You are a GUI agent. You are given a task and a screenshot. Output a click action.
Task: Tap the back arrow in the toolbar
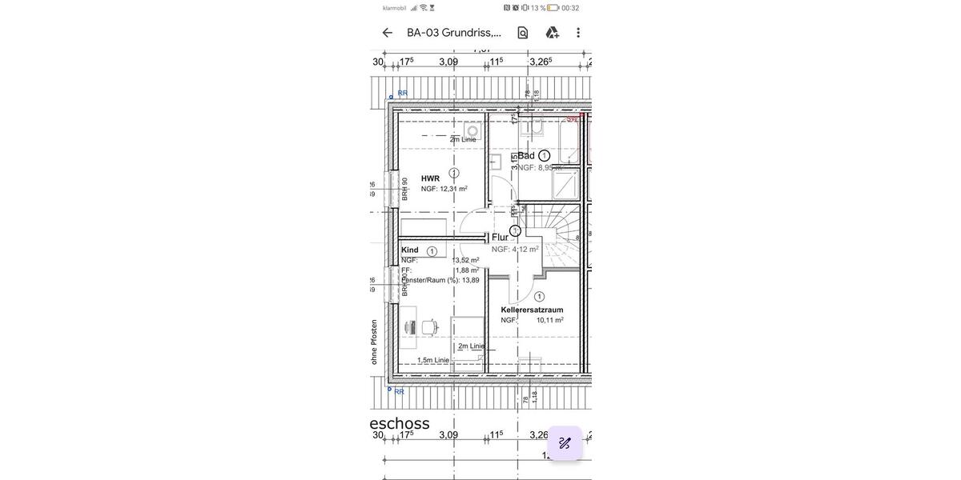point(388,33)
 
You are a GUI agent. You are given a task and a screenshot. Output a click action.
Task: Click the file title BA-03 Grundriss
point(453,33)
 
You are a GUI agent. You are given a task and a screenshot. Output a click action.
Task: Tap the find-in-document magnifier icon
point(523,33)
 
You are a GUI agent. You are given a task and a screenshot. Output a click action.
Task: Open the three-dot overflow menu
point(578,33)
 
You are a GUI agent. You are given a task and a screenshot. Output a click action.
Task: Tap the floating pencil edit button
point(565,443)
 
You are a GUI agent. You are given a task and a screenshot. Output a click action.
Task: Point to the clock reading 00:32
point(570,8)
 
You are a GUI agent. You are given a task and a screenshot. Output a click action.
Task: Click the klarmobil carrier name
point(394,8)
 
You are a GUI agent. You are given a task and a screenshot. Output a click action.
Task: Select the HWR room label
point(430,178)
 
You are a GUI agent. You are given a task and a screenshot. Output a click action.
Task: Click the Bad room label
point(526,155)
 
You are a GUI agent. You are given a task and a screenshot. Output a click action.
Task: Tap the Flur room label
point(500,237)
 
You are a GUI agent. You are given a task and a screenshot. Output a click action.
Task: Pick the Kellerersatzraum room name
point(532,310)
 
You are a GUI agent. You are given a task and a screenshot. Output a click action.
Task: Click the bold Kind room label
point(410,250)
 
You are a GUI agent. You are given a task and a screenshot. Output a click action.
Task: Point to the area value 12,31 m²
point(453,189)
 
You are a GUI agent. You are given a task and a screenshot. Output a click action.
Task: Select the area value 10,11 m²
point(549,320)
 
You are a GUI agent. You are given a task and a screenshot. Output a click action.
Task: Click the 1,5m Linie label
point(432,360)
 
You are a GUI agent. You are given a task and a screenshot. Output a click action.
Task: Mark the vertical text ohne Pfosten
point(374,342)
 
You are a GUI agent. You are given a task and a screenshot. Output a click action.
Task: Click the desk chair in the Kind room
point(429,326)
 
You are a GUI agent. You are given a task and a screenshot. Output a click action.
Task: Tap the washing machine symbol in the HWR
point(472,130)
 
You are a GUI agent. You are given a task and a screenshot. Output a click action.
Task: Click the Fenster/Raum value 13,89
point(470,280)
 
